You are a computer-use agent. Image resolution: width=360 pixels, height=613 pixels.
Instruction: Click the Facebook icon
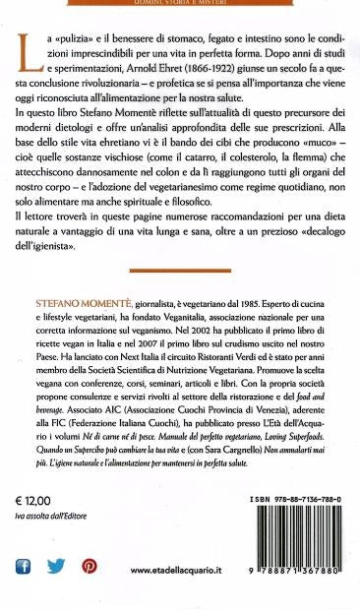[24, 566]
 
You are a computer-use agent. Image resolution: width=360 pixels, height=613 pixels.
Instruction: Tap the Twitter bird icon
[55, 566]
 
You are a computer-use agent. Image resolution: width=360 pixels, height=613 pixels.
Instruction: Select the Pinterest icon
[89, 566]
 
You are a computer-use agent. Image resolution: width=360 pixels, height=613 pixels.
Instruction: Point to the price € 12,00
[36, 529]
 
